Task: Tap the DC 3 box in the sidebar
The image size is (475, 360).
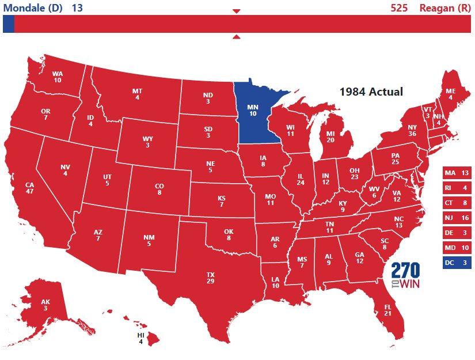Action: (457, 263)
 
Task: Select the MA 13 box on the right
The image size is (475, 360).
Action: (457, 173)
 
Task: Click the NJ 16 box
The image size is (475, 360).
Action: (457, 218)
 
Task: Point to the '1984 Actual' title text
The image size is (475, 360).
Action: (371, 92)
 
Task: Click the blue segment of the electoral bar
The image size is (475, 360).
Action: (8, 24)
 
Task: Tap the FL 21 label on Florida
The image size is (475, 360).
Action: (387, 310)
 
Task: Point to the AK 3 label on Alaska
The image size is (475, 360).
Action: (45, 305)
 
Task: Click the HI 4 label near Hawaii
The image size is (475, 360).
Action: (140, 338)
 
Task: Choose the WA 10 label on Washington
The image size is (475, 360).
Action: (57, 77)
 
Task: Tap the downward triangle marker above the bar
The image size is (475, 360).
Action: (236, 11)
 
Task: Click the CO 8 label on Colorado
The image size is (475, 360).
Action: (159, 190)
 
